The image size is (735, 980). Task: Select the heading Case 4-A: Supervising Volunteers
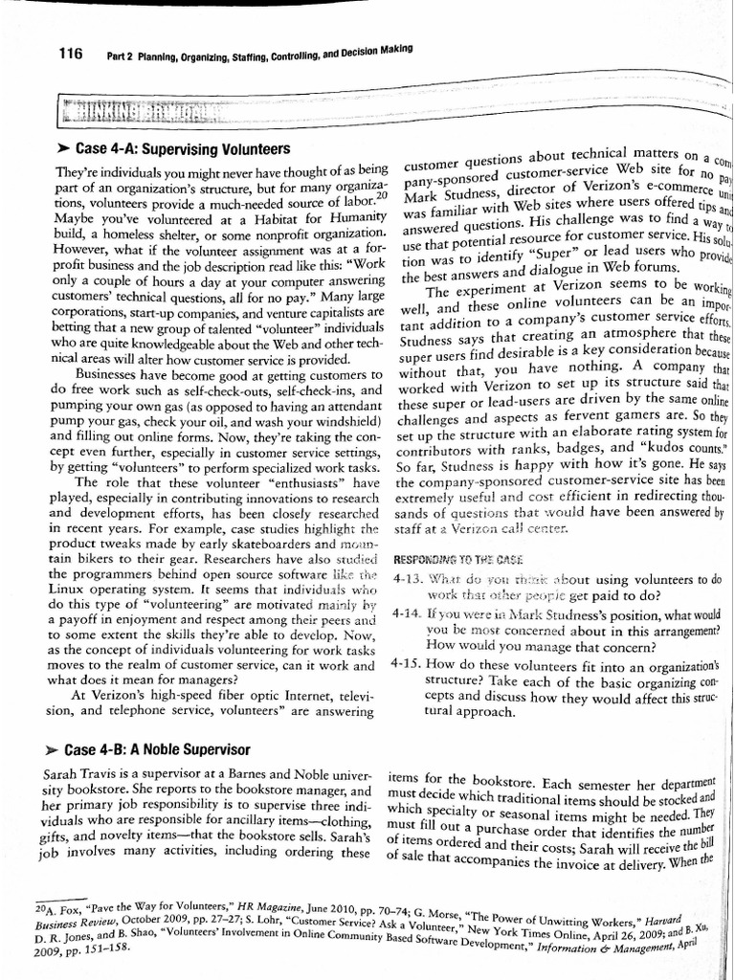(178, 150)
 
